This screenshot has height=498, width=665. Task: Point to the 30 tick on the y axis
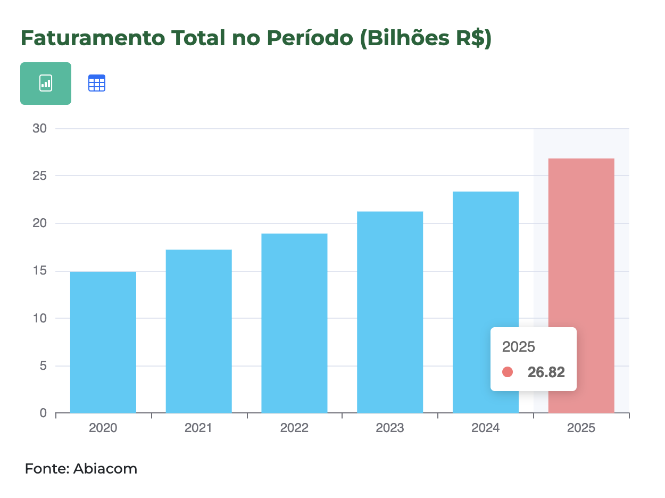40,129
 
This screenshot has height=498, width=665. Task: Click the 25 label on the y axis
40,176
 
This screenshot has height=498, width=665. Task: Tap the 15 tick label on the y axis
40,271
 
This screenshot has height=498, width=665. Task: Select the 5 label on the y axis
43,366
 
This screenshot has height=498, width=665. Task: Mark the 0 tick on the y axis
43,413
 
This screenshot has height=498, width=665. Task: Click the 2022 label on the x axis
294,428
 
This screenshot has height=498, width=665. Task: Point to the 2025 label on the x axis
581,428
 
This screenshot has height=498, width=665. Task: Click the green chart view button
46,84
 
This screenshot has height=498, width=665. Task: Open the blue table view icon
97,84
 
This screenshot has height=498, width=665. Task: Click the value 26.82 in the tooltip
546,372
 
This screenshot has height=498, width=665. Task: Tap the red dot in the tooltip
508,372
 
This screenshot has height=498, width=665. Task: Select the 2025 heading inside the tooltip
518,347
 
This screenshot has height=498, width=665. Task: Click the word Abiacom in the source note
105,469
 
